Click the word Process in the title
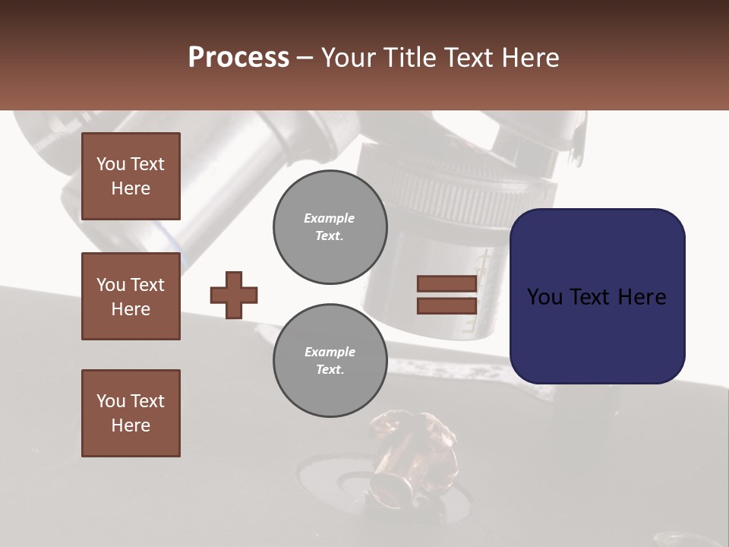pyautogui.click(x=238, y=58)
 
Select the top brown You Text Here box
pyautogui.click(x=131, y=176)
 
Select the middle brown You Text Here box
pyautogui.click(x=131, y=296)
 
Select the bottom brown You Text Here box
pyautogui.click(x=131, y=413)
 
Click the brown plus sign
pyautogui.click(x=234, y=295)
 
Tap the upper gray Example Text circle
pyautogui.click(x=330, y=227)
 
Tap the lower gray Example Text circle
pyautogui.click(x=330, y=361)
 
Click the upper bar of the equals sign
pyautogui.click(x=447, y=284)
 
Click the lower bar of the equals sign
pyautogui.click(x=447, y=305)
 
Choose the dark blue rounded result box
pyautogui.click(x=597, y=296)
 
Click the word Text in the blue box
pyautogui.click(x=595, y=297)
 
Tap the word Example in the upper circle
pyautogui.click(x=330, y=218)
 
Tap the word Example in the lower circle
pyautogui.click(x=330, y=352)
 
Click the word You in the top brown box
pyautogui.click(x=111, y=164)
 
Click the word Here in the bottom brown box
pyautogui.click(x=131, y=425)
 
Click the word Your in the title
pyautogui.click(x=349, y=58)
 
